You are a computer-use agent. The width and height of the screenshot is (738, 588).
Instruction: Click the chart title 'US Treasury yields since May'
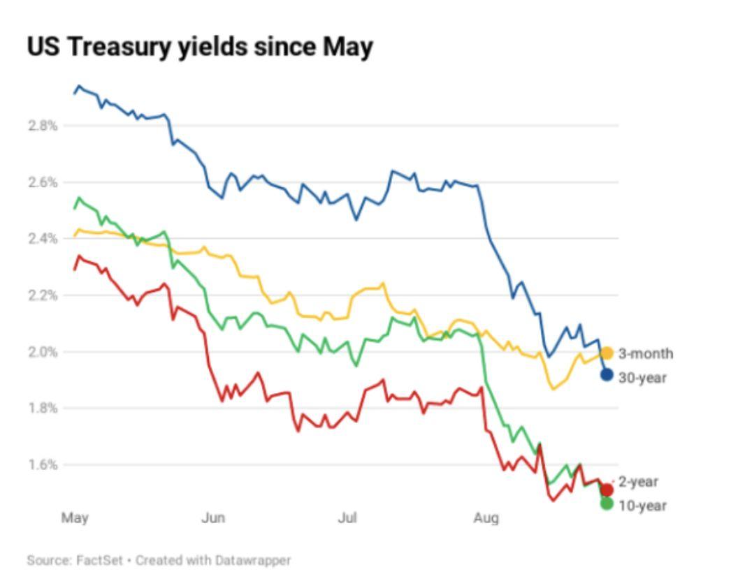200,47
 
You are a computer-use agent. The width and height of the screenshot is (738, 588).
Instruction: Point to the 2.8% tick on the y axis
43,126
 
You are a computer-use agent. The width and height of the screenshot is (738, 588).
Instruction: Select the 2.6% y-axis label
43,182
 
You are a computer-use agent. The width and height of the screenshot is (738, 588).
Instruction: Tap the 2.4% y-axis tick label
43,239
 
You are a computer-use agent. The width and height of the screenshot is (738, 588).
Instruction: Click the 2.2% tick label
43,295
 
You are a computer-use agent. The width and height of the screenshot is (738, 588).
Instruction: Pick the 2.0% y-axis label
43,352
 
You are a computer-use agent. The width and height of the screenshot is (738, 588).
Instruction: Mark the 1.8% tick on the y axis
43,409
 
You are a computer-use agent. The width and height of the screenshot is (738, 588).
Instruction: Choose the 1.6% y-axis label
43,465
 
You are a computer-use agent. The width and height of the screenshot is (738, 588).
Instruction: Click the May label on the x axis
75,518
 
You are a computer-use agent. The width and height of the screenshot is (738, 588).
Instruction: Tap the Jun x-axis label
213,518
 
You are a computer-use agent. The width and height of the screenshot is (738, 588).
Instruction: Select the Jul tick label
347,518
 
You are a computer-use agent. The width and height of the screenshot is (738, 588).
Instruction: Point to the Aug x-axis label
486,518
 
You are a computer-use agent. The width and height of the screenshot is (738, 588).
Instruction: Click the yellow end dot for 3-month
607,353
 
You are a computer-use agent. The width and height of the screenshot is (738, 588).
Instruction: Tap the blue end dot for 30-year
607,375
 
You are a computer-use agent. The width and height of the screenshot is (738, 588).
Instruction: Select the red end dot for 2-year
607,490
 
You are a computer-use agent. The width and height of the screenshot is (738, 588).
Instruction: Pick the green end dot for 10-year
607,504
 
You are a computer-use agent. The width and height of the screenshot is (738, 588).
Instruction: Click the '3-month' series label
646,353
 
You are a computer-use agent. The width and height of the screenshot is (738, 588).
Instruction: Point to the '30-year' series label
642,378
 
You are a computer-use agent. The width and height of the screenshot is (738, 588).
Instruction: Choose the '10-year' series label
642,506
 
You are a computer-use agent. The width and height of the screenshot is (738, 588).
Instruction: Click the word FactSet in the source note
99,560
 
